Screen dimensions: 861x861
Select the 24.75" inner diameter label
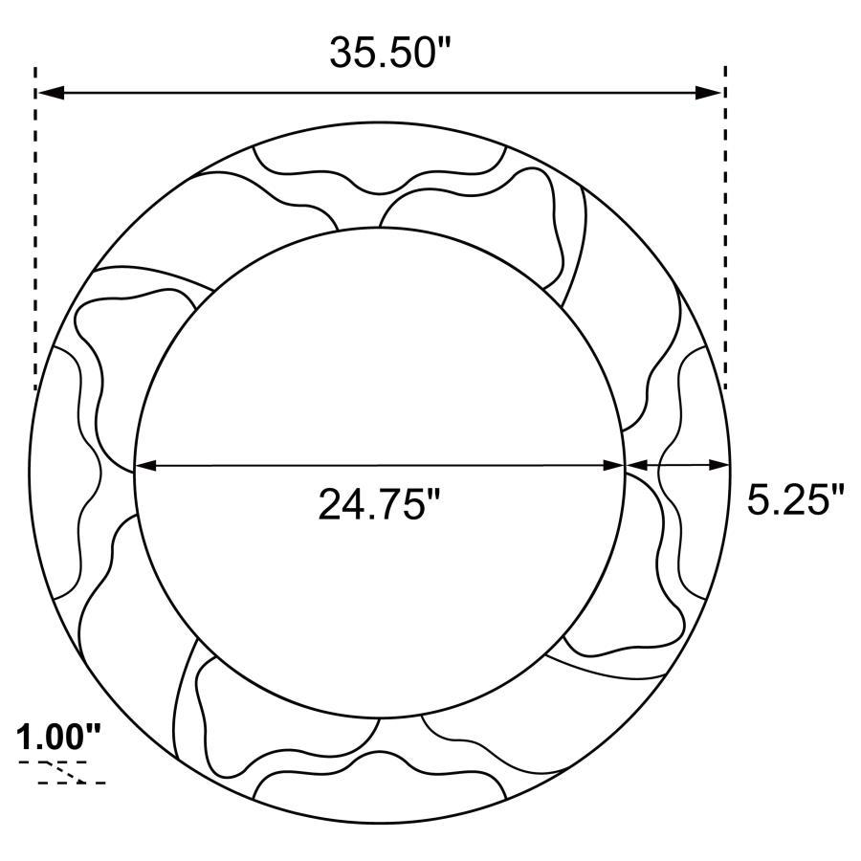tap(379, 504)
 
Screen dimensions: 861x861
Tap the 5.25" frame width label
tap(796, 499)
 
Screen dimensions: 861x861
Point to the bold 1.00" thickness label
tap(58, 738)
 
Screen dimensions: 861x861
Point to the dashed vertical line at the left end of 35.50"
tap(35, 230)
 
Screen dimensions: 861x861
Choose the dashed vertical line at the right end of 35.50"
tap(725, 230)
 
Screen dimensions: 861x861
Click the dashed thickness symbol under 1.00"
tap(62, 772)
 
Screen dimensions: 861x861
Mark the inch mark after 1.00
tap(93, 731)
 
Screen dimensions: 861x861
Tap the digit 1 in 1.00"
tap(26, 738)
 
